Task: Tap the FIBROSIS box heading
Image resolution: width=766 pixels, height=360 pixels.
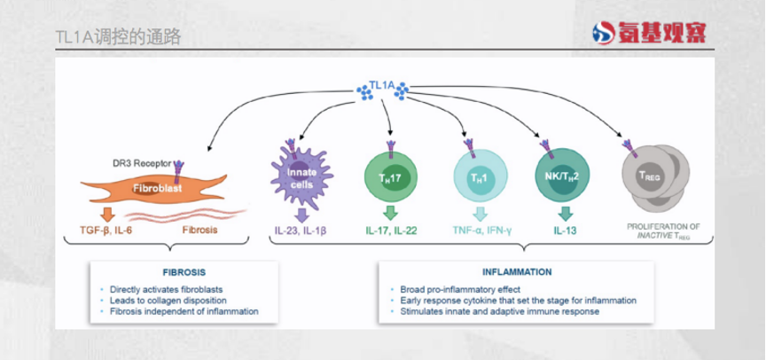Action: click(177, 272)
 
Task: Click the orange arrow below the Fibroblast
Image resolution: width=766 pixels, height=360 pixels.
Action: click(107, 214)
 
